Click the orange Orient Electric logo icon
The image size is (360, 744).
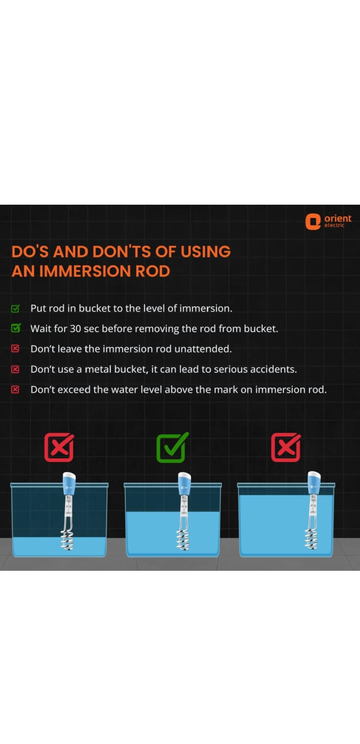coord(313,222)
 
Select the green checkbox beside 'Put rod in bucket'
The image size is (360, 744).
coord(16,308)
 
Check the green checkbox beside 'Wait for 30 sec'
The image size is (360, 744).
coord(16,328)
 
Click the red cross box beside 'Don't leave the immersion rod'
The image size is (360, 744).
coord(15,348)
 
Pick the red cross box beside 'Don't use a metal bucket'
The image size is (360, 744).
coord(15,369)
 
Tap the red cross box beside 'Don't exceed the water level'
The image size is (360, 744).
coord(15,389)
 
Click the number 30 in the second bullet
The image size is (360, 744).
coord(75,329)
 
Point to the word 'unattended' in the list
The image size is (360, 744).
coord(203,349)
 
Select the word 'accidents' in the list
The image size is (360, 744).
coord(273,369)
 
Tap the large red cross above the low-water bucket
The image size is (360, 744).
coord(59,447)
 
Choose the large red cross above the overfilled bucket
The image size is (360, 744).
coord(286,447)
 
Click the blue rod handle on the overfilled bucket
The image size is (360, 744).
coord(314,482)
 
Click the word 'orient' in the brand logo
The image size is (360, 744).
coord(338,218)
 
